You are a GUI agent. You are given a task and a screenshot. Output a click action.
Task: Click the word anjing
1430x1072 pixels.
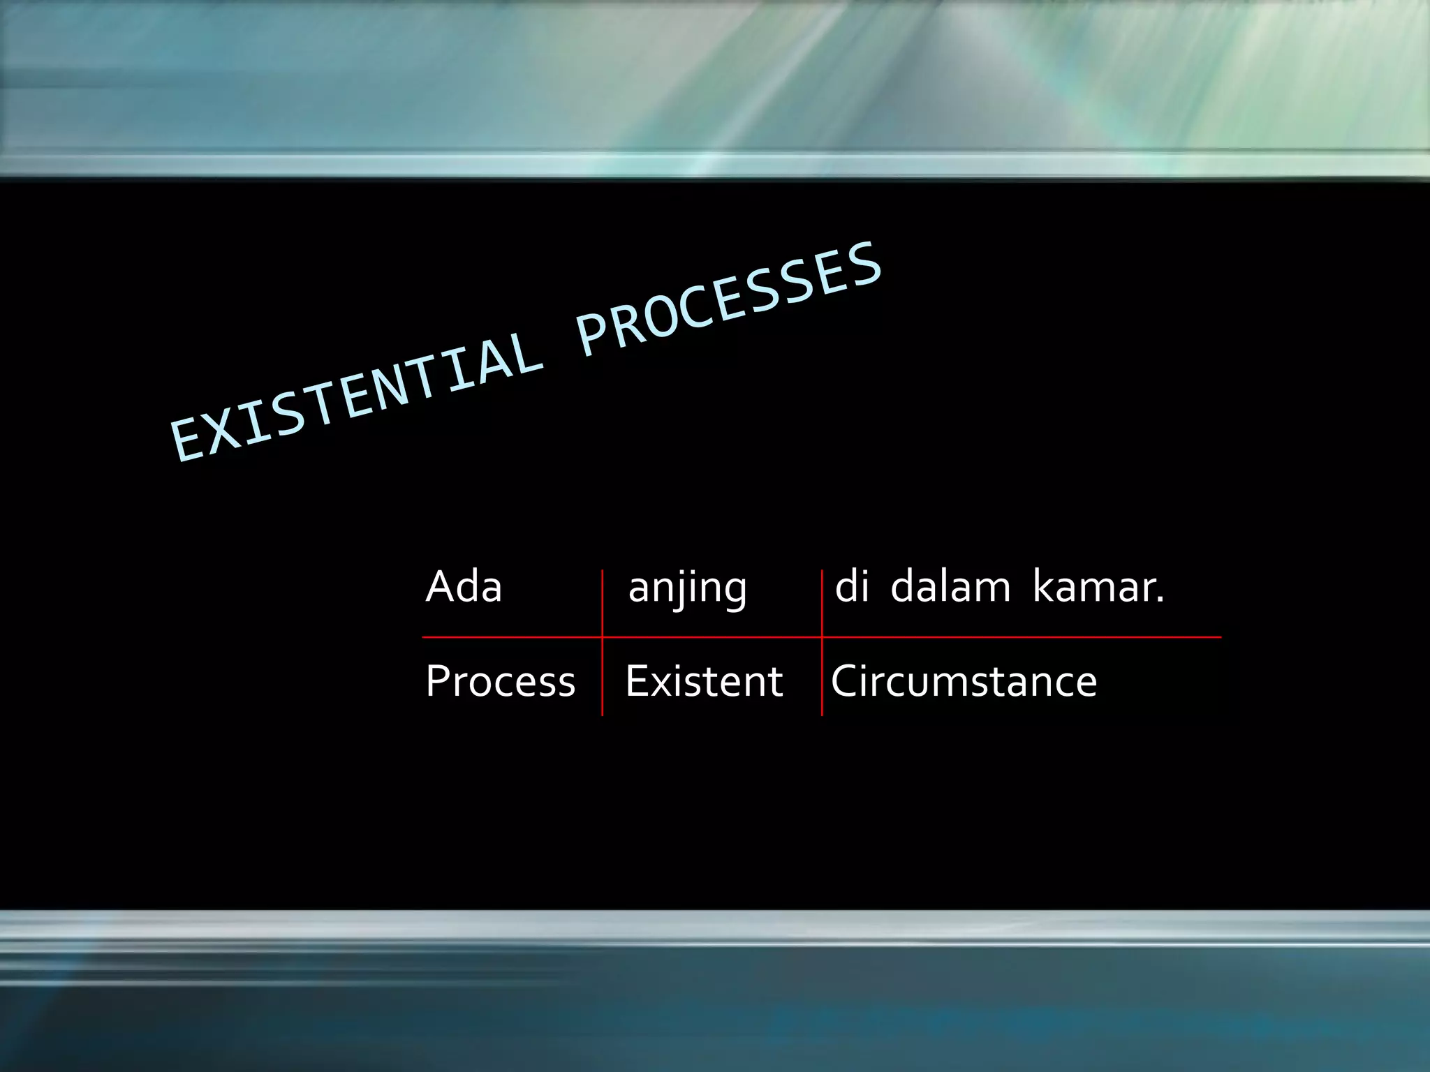click(688, 588)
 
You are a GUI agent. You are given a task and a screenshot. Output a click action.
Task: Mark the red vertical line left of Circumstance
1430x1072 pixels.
click(822, 680)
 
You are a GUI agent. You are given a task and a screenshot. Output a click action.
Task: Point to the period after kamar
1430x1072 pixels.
click(1160, 601)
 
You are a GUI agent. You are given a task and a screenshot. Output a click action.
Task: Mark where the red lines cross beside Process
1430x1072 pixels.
click(602, 637)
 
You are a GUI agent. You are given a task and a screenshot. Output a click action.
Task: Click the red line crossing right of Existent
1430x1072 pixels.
click(822, 637)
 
